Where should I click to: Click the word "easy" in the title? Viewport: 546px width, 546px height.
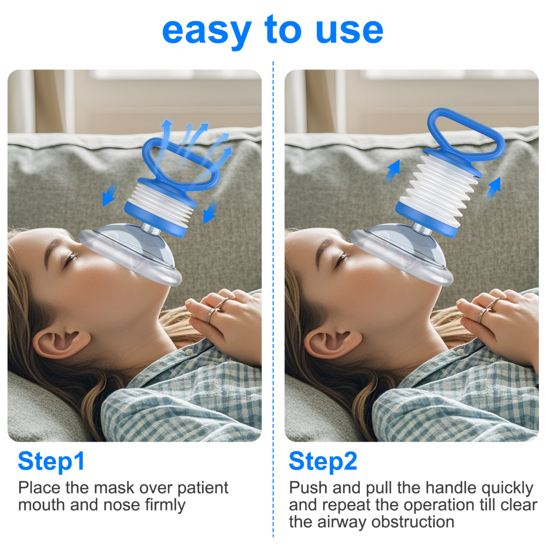207,32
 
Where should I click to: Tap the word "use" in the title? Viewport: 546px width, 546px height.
349,31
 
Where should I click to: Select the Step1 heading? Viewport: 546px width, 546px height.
51,461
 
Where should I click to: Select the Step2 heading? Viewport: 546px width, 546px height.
323,461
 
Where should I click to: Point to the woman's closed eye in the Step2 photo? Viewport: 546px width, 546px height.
342,258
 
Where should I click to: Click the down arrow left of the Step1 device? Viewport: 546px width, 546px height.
109,195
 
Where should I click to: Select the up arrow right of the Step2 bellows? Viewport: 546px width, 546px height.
493,188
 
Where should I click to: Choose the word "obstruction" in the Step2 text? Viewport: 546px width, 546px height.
413,522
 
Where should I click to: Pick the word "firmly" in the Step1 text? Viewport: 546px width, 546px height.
165,506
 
